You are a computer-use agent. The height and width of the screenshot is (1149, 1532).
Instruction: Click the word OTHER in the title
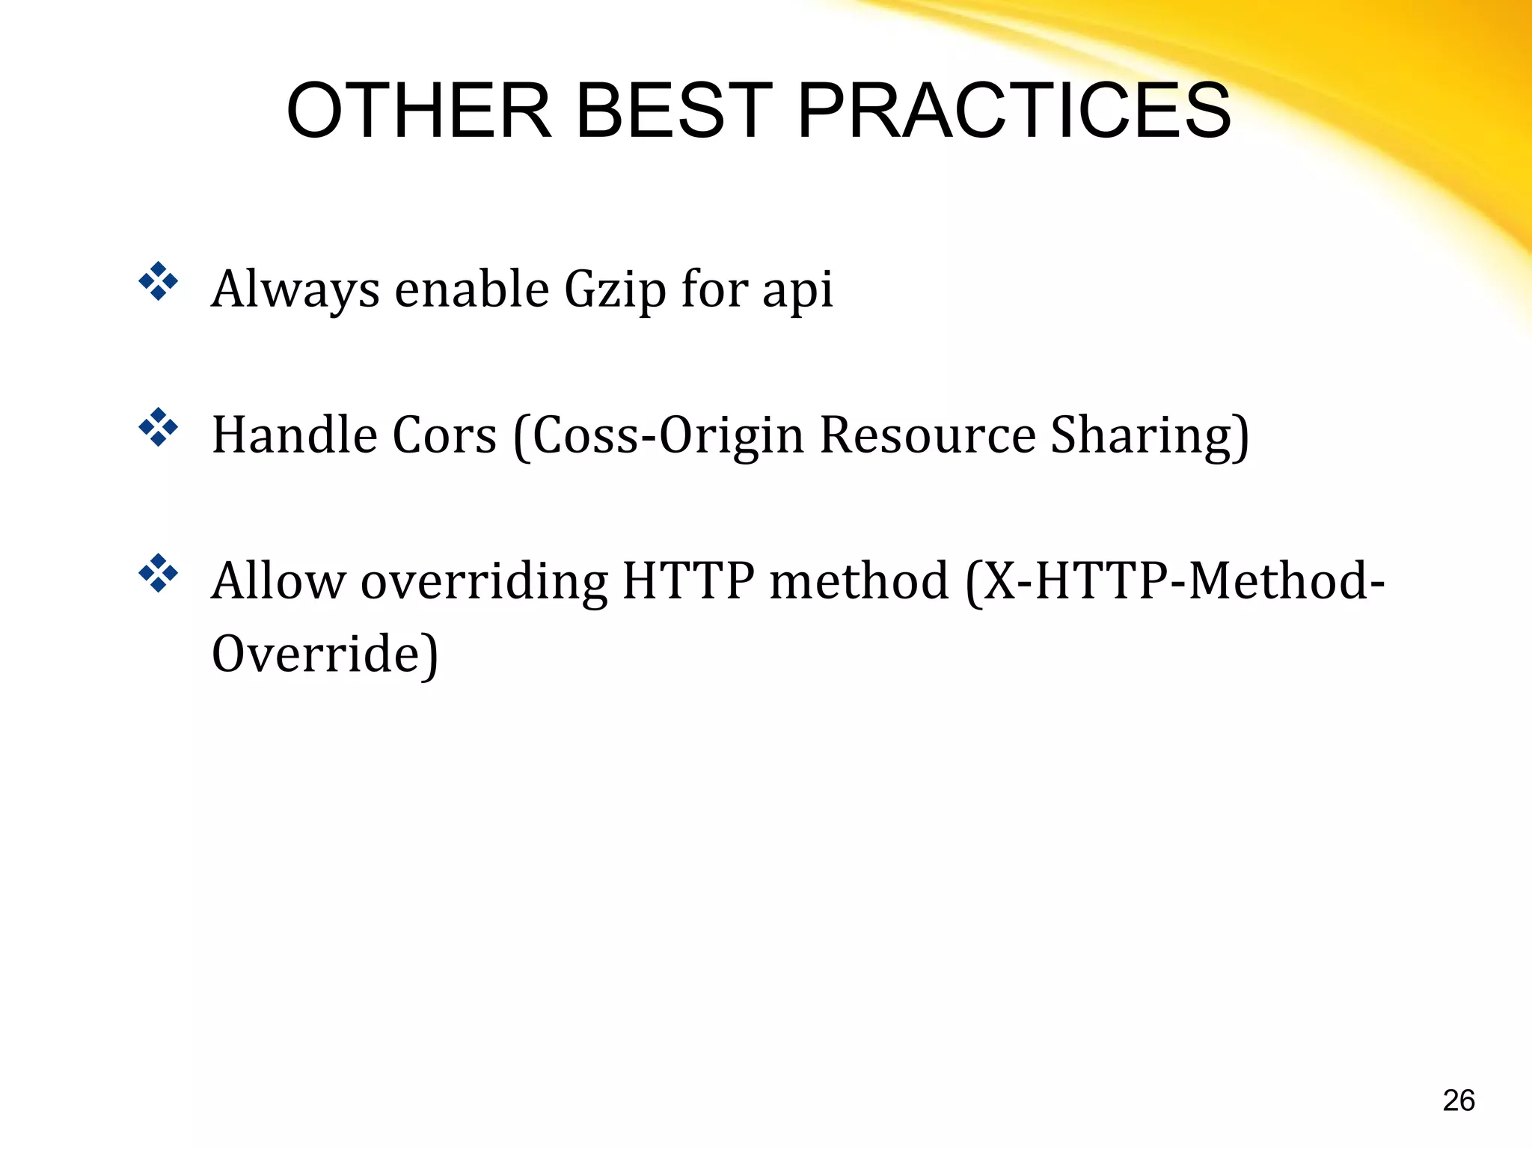click(419, 111)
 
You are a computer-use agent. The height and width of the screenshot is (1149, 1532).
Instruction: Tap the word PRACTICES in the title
click(1014, 111)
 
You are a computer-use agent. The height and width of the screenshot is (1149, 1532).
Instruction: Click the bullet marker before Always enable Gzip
click(159, 282)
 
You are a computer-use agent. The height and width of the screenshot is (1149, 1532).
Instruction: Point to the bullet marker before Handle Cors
click(159, 428)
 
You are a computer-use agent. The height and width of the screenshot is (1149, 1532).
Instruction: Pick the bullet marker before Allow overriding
click(159, 574)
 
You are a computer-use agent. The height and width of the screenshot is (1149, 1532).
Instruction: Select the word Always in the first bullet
click(295, 290)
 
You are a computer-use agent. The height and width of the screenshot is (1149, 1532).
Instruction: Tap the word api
click(797, 290)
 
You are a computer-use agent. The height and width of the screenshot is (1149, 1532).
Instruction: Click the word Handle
click(295, 435)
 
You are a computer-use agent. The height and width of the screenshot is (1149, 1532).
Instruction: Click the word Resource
click(928, 435)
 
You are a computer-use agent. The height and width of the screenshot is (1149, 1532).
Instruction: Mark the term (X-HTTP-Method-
click(1174, 582)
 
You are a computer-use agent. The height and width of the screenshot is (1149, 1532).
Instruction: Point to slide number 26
click(1458, 1100)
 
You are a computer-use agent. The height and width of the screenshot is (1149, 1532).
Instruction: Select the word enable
click(472, 290)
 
